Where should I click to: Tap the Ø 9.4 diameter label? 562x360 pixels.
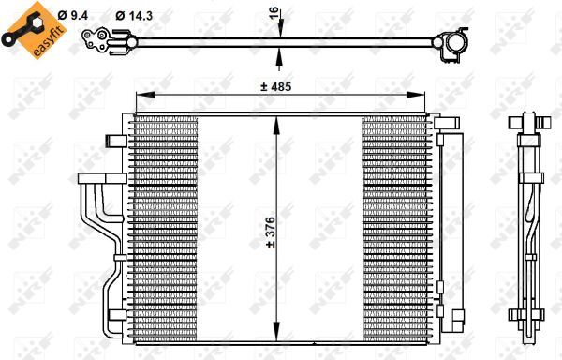coord(73,15)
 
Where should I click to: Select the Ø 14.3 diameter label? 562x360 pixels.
coord(132,15)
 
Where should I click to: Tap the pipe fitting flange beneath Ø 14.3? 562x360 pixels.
coord(96,38)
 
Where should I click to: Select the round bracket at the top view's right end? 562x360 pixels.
coord(456,42)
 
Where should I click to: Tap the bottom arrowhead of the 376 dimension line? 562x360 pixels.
coord(275,338)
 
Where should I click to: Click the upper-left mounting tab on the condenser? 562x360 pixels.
coord(117,140)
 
